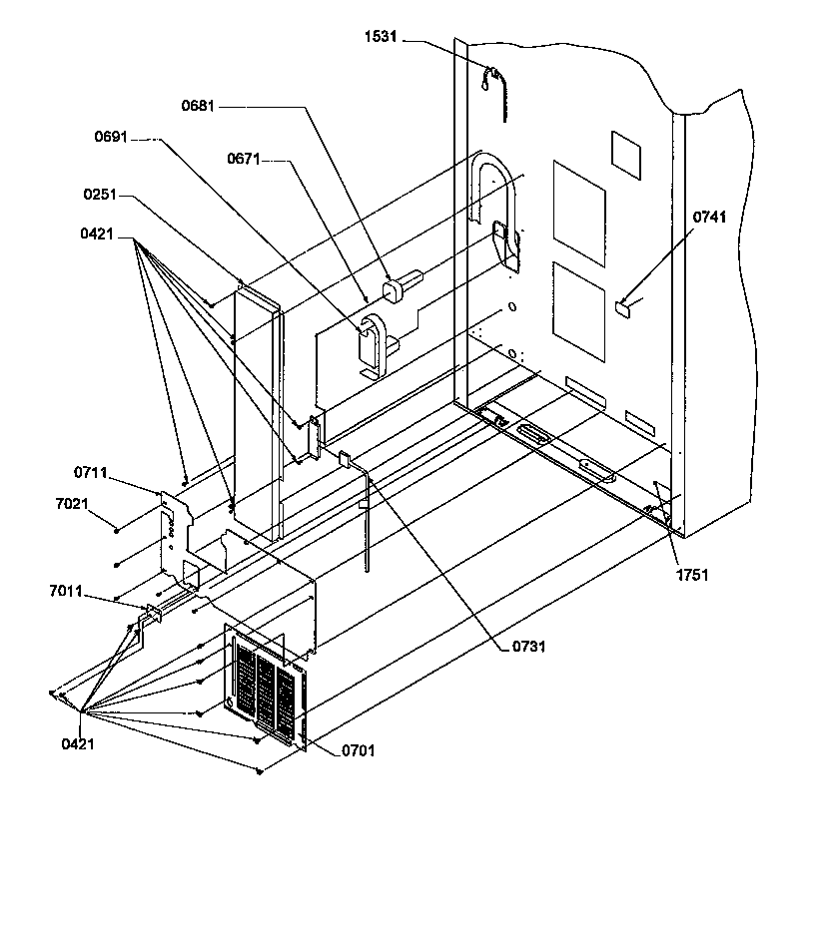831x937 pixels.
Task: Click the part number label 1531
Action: point(382,38)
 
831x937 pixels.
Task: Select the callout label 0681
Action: point(199,106)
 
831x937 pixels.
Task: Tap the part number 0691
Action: point(111,138)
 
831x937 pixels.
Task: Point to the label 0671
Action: point(244,159)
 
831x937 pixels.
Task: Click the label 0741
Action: point(712,217)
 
